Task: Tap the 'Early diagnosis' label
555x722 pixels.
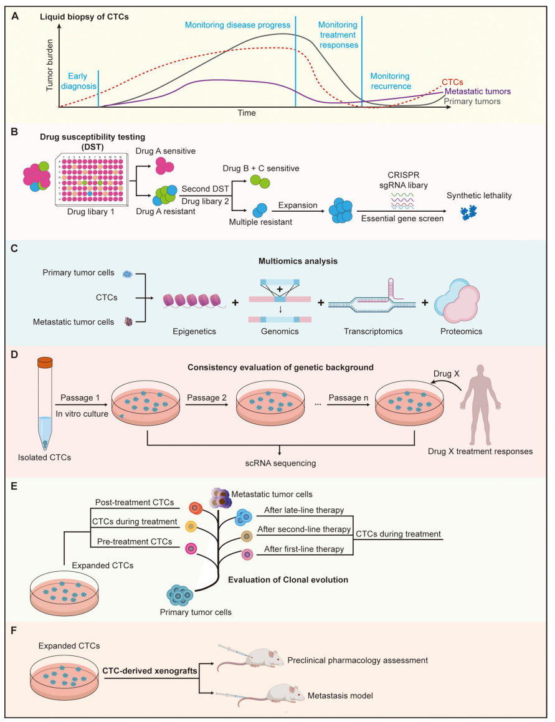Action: coord(78,82)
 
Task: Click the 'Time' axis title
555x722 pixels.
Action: coord(246,113)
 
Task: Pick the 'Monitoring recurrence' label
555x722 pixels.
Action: coord(391,81)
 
